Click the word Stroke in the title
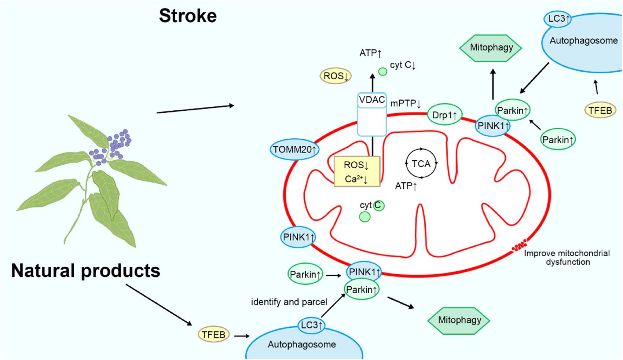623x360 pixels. tap(188, 16)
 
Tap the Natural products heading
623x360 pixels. tap(85, 271)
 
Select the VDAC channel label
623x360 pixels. tap(372, 100)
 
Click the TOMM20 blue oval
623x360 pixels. tap(294, 149)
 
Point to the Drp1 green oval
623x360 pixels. tap(444, 115)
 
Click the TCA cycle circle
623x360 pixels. tap(421, 164)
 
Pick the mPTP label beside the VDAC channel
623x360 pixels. tap(405, 103)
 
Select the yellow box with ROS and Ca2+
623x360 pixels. tap(356, 172)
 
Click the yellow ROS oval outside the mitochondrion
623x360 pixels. tap(336, 76)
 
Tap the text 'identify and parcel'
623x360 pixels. tap(289, 302)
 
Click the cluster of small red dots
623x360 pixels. tap(520, 246)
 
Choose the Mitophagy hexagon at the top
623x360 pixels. tap(491, 48)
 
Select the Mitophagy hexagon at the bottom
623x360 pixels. tap(459, 320)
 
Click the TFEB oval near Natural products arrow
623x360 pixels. tap(213, 335)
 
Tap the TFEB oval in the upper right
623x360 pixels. tap(600, 110)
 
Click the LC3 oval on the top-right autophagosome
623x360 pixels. tap(557, 19)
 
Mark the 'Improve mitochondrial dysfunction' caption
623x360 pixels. tap(567, 257)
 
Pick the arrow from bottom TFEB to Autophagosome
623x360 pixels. tap(242, 336)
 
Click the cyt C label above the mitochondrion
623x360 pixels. tap(403, 65)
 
